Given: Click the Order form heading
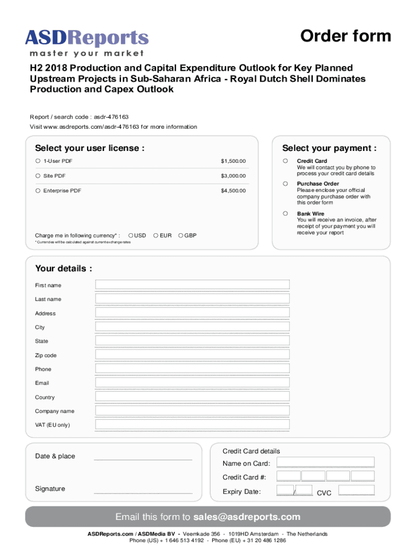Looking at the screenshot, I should click(345, 36).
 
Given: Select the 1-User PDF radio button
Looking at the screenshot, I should click(38, 161).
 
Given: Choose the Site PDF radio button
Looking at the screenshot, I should click(38, 176).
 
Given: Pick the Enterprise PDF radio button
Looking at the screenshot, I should click(38, 190).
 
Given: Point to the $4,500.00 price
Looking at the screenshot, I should click(233, 190).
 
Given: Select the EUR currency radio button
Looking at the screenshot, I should click(156, 235).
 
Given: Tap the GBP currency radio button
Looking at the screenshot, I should click(180, 235).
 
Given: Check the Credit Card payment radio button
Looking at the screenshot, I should click(285, 161).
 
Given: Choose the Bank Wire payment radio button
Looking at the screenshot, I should click(285, 213).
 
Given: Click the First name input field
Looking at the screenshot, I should click(192, 285).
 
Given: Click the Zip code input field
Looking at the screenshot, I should click(192, 355).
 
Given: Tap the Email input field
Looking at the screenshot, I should click(192, 383).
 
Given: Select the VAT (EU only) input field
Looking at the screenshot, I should click(192, 425).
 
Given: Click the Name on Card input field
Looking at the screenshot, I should click(325, 463).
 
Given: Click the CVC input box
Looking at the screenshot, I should click(356, 490).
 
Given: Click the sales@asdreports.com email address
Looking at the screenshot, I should click(246, 517).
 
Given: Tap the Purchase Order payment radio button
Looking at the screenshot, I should click(285, 184).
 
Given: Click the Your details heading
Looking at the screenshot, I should click(63, 268).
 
